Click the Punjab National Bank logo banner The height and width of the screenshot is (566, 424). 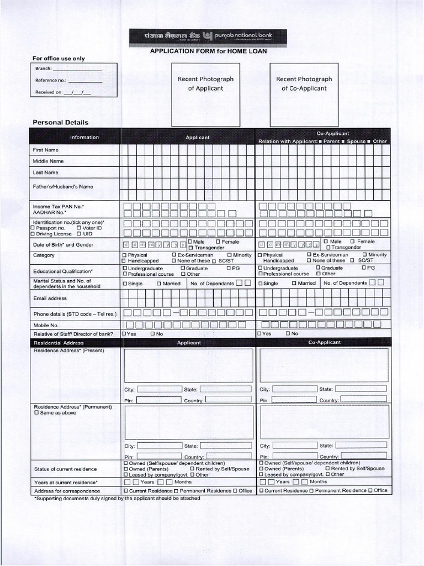point(208,37)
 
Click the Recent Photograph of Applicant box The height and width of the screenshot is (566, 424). point(205,95)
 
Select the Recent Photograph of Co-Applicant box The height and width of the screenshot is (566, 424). point(304,95)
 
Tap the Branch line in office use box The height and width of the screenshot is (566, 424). point(77,69)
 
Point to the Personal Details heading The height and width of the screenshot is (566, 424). point(60,122)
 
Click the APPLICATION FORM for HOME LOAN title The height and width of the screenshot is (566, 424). point(208,51)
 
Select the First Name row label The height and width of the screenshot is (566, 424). point(46,150)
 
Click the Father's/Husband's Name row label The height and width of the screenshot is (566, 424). point(62,186)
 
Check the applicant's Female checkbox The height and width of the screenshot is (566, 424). point(218,242)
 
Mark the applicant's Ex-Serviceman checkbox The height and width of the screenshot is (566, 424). point(174,255)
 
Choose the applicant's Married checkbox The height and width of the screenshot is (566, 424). point(158,284)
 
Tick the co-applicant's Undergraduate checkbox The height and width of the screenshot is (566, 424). point(260,268)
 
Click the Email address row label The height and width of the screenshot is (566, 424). point(50,298)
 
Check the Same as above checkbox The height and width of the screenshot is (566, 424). point(36,413)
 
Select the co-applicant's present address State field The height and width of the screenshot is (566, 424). point(361,389)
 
